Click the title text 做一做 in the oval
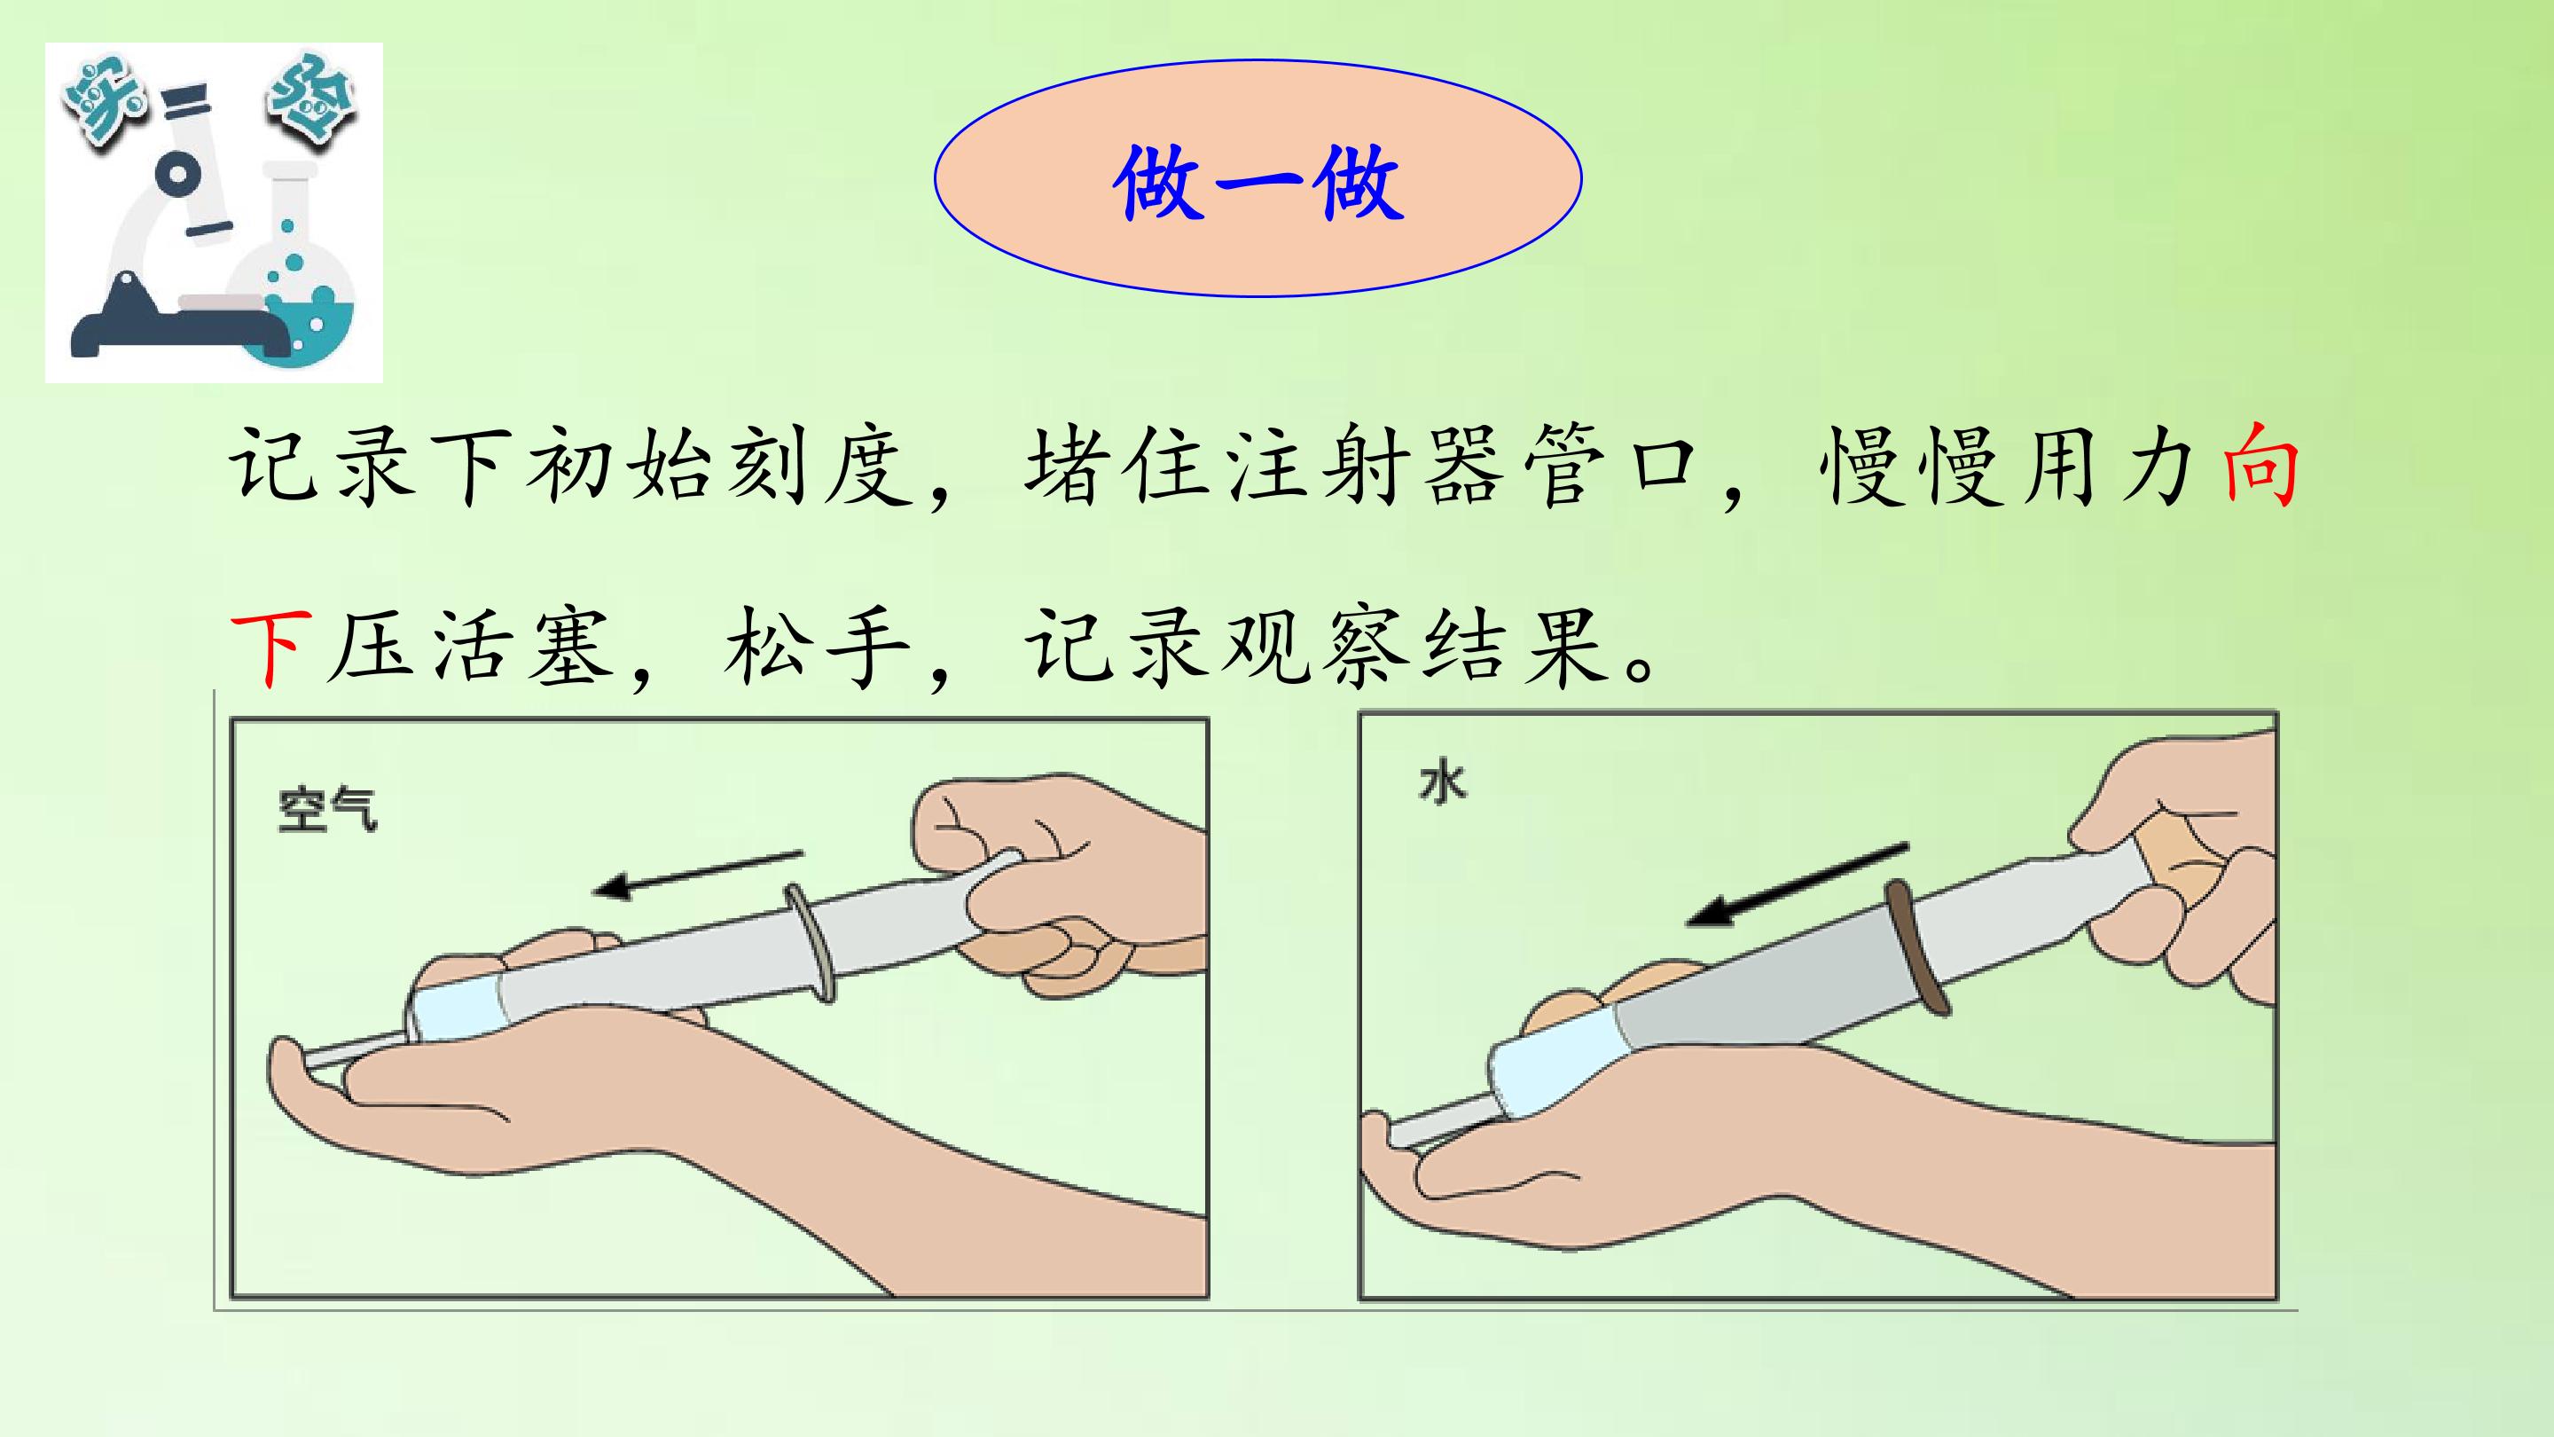[1258, 183]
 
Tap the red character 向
[2259, 465]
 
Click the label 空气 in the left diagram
[327, 810]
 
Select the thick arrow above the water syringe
[1798, 884]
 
